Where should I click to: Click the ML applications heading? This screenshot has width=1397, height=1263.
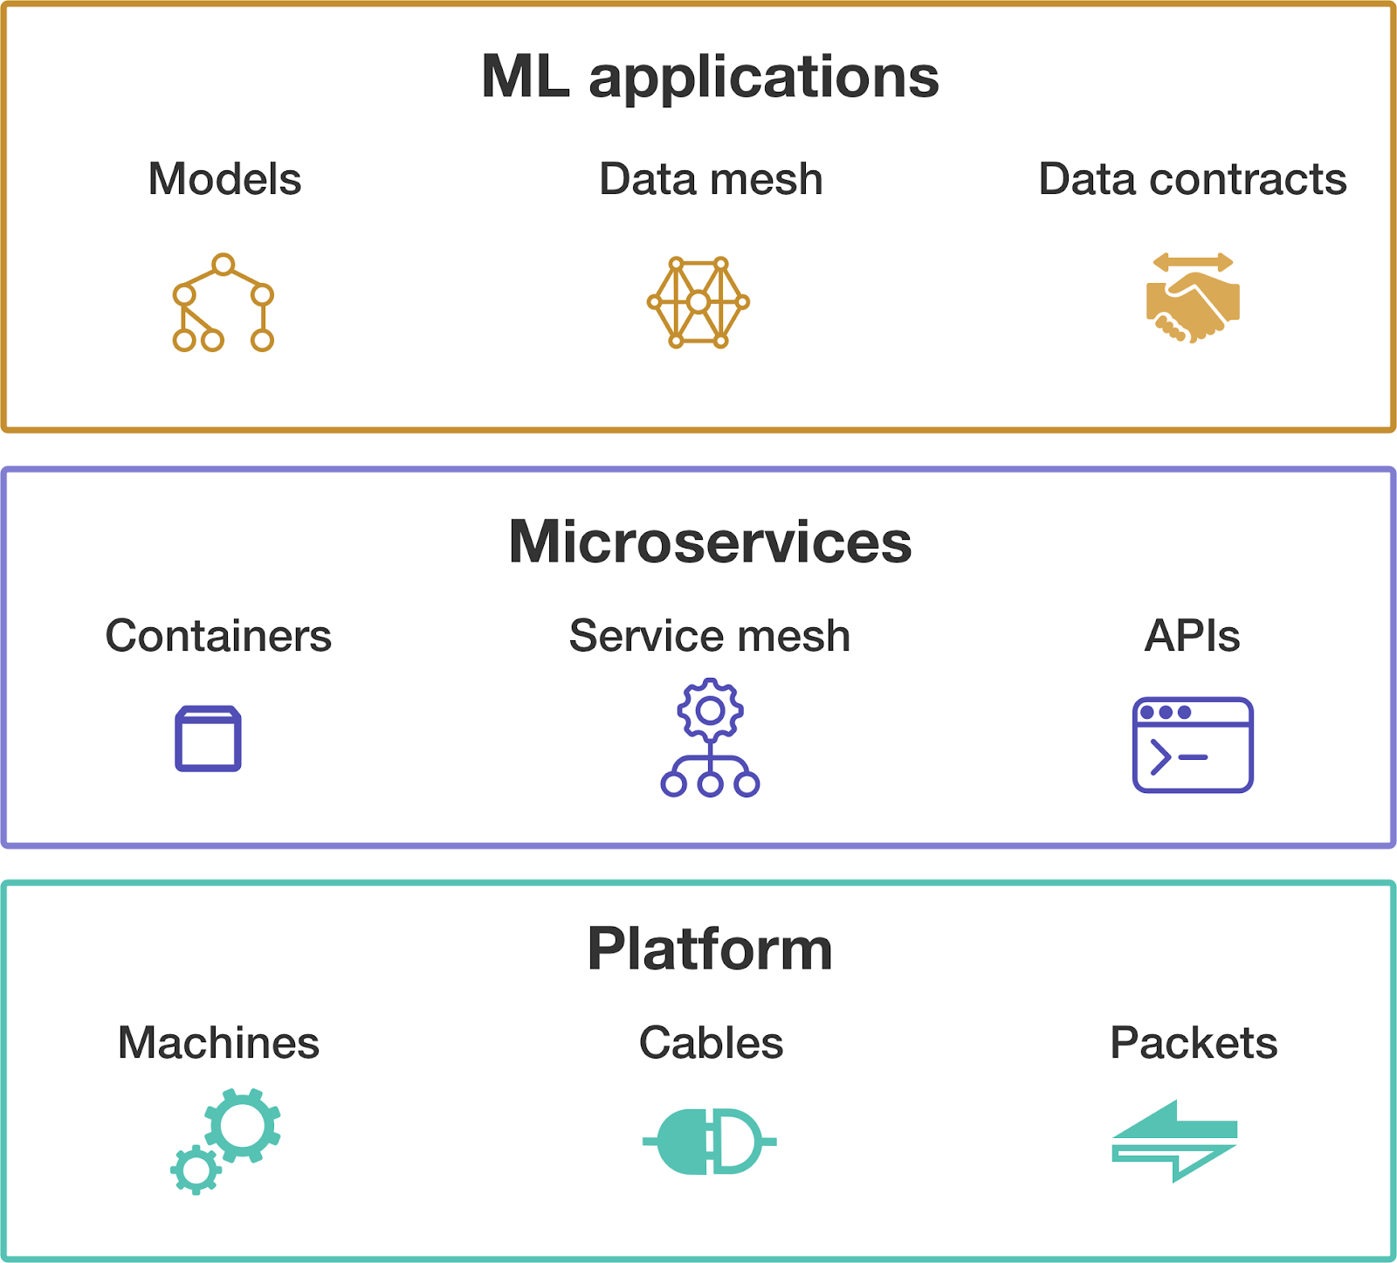[710, 77]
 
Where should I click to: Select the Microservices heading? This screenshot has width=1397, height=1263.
[710, 542]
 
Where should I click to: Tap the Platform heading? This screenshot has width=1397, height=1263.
[710, 949]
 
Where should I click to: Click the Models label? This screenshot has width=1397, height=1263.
[224, 179]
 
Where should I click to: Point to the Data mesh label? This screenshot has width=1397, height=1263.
[711, 179]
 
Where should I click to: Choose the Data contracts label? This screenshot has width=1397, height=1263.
[1192, 179]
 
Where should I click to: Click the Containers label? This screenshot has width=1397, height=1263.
[218, 636]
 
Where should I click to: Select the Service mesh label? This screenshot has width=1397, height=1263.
[710, 636]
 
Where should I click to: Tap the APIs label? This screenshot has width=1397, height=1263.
[1192, 636]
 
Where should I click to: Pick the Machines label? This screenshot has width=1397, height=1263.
[218, 1043]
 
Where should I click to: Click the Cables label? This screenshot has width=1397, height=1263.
[711, 1043]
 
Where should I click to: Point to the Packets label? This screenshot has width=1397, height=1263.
[1194, 1043]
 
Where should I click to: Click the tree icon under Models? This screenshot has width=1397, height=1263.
[224, 303]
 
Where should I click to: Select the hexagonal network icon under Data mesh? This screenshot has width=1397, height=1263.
[698, 302]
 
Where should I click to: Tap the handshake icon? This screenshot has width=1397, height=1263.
[1193, 299]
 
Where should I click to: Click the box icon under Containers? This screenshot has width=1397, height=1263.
[208, 739]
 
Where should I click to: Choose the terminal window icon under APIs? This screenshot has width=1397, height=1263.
[1193, 745]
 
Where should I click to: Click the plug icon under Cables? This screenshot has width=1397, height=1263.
[709, 1142]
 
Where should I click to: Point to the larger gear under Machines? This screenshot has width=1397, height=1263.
[243, 1125]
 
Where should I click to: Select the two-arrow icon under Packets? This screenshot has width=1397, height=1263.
[1174, 1141]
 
